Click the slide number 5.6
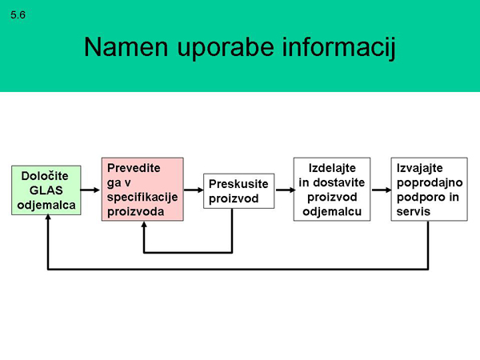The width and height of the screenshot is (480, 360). [18, 15]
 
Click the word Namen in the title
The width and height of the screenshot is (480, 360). [126, 47]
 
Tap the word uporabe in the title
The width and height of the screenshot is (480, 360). [226, 48]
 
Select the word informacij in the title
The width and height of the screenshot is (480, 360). [339, 48]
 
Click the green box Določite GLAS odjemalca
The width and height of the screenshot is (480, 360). [46, 190]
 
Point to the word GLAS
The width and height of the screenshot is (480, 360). [46, 190]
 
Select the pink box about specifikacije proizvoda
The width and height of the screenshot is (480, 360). [142, 189]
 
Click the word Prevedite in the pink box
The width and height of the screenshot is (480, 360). [134, 168]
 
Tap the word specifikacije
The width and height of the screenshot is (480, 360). [142, 198]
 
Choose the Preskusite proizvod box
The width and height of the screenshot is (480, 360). [238, 191]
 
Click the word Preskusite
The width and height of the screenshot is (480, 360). [238, 184]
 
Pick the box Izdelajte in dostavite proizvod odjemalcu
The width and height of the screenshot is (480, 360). [332, 189]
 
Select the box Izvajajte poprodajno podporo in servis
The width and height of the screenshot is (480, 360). [429, 189]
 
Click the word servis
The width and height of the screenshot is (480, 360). [414, 211]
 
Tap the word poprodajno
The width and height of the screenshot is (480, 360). [430, 183]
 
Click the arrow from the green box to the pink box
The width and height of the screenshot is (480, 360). [90, 190]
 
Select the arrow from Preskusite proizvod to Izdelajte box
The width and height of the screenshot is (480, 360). [285, 190]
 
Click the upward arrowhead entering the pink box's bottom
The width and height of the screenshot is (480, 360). [144, 224]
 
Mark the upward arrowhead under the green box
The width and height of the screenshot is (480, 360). [48, 218]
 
